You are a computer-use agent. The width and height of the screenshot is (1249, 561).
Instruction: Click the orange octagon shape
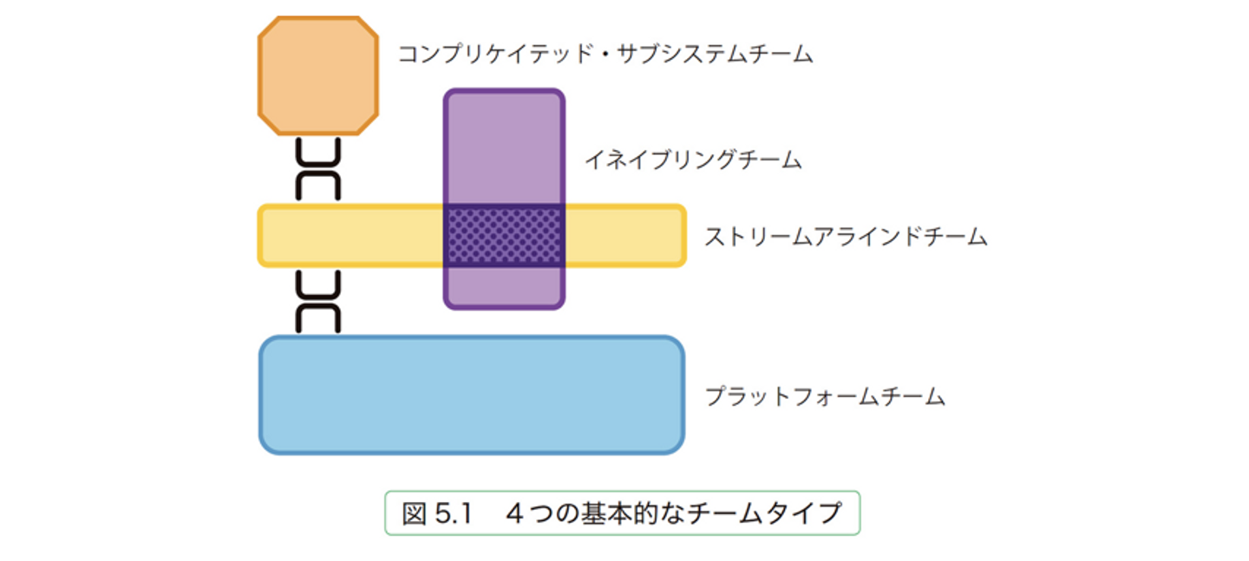(318, 75)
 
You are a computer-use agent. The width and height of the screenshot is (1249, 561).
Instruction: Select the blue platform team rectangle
(472, 395)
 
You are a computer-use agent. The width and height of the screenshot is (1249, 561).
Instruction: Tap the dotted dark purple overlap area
(504, 236)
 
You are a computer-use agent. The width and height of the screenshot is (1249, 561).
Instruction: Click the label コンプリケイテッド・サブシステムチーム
(605, 55)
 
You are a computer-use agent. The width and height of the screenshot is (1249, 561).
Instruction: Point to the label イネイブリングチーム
(692, 160)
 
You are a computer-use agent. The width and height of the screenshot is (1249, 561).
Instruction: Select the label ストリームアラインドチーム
(845, 237)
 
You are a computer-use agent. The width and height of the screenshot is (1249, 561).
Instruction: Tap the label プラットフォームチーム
(824, 397)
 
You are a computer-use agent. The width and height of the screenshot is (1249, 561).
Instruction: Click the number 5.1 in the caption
(451, 513)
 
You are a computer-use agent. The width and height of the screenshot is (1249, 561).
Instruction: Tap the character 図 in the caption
(414, 513)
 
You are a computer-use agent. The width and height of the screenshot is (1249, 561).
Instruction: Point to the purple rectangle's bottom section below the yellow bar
(504, 286)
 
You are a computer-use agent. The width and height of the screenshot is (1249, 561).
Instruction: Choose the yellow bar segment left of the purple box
(351, 236)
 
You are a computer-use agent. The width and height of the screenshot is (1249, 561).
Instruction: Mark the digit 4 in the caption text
(514, 513)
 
